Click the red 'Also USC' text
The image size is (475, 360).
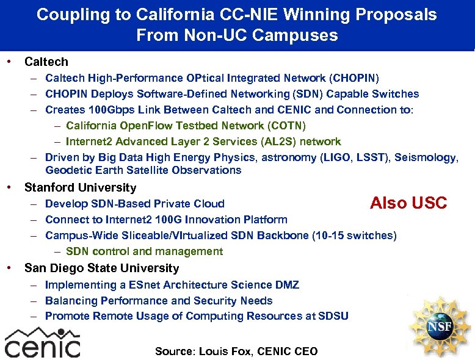point(408,203)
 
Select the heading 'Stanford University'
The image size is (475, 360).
point(80,187)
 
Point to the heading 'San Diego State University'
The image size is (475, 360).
point(101,268)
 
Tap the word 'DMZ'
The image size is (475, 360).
point(286,284)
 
